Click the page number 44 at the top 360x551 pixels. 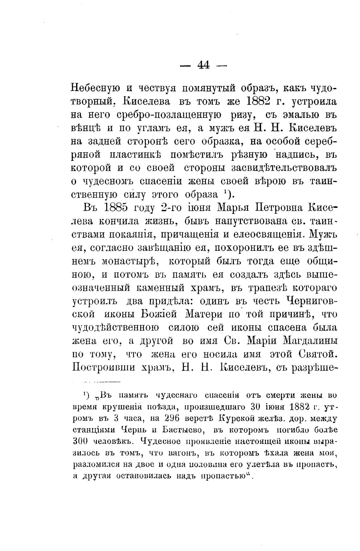(x=203, y=65)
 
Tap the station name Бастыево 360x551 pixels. (x=186, y=430)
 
